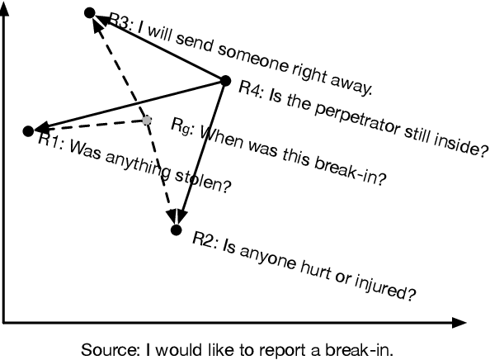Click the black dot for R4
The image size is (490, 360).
click(225, 80)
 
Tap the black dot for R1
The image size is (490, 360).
click(28, 130)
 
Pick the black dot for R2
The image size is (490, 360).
click(175, 230)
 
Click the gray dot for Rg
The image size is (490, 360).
click(147, 121)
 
